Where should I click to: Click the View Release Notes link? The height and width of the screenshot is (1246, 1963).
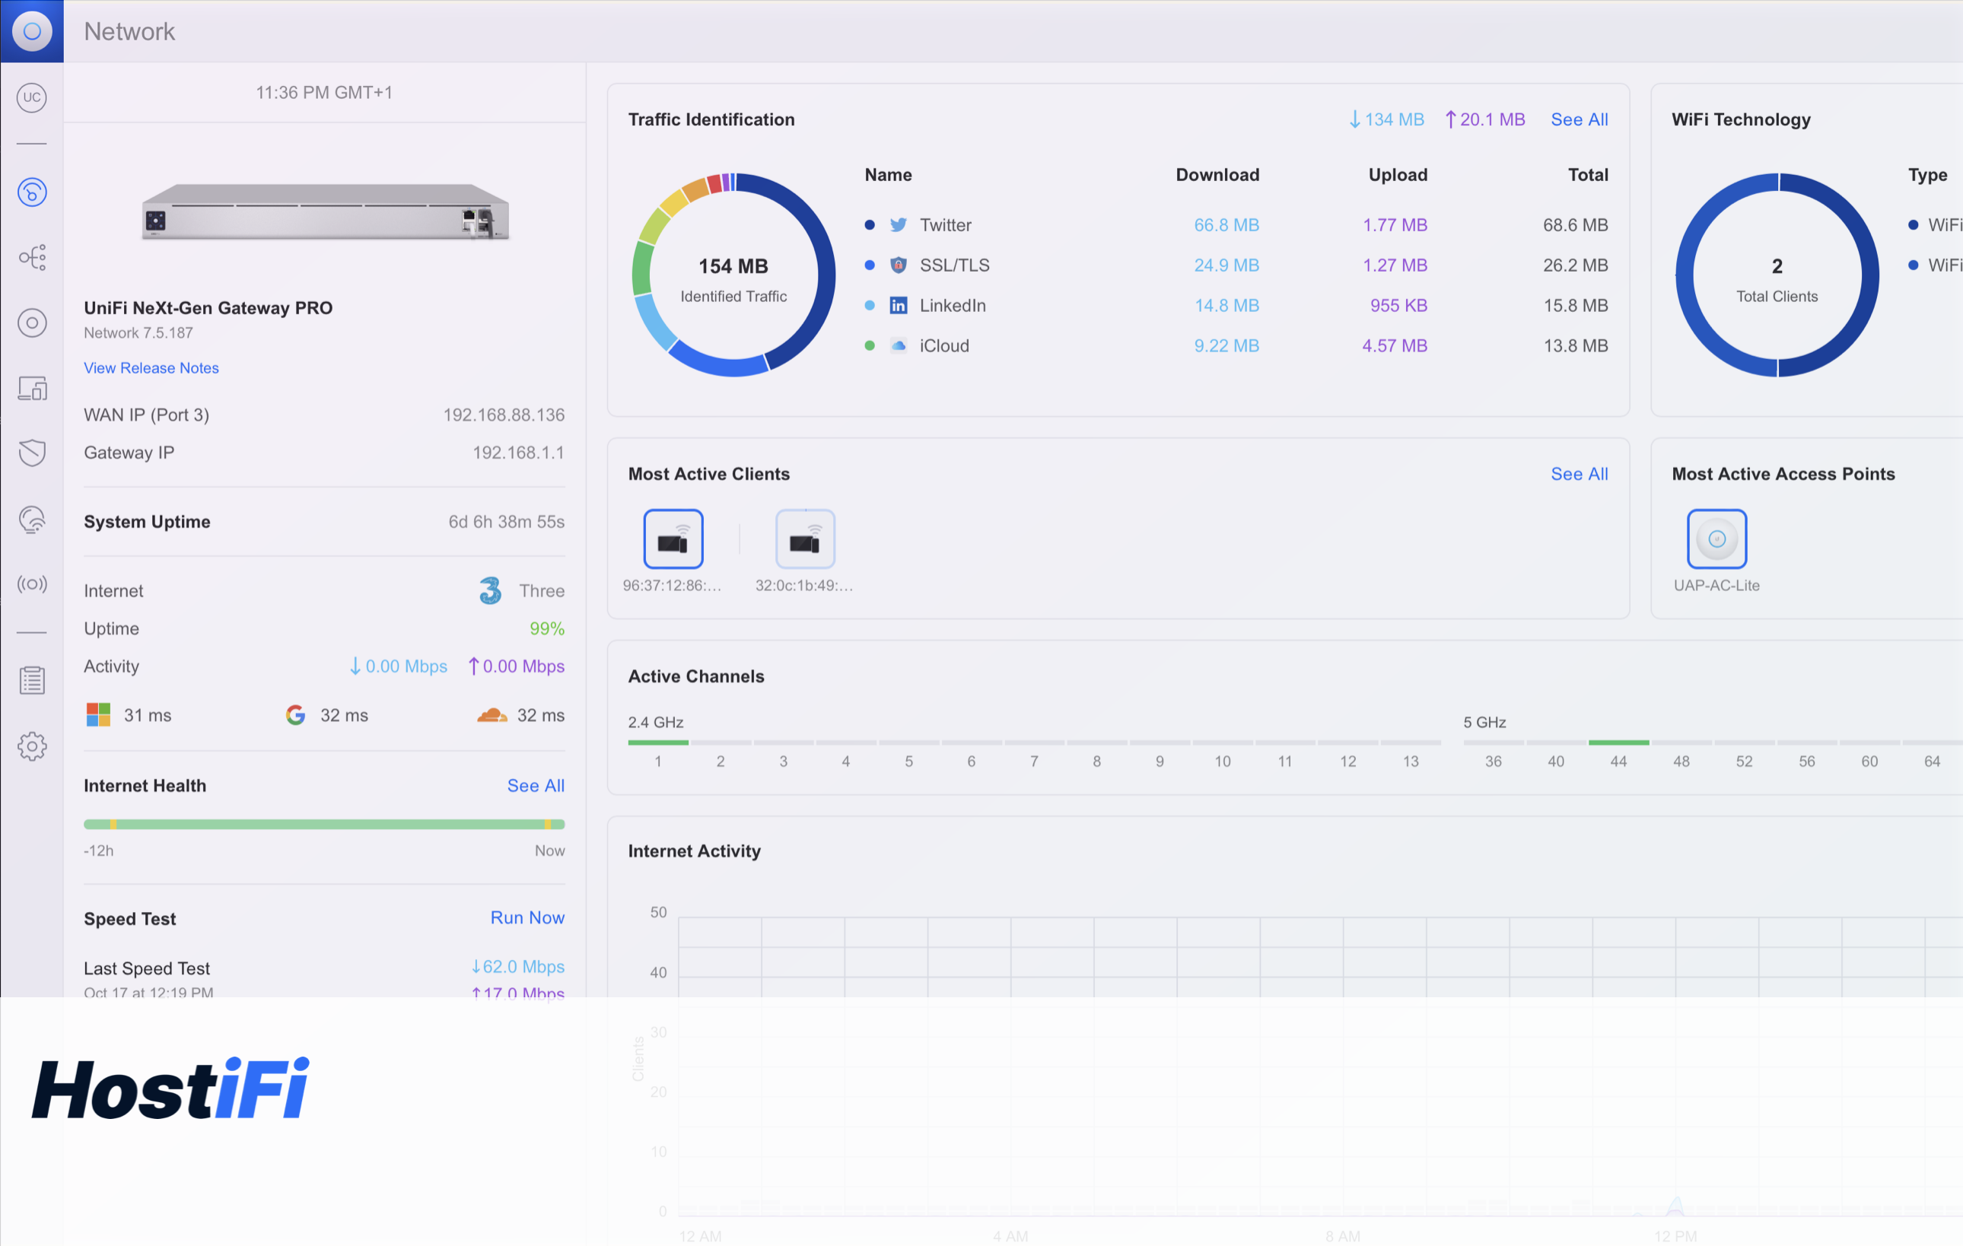[x=151, y=367]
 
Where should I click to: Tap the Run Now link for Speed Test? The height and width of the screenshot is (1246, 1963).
[x=527, y=917]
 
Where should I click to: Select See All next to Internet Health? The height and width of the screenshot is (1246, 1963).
[x=535, y=786]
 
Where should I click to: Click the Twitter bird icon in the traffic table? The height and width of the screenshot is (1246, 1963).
[x=898, y=225]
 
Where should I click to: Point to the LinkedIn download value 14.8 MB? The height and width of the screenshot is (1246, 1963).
[x=1226, y=306]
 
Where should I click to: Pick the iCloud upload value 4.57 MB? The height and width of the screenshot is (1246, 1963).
[x=1394, y=345]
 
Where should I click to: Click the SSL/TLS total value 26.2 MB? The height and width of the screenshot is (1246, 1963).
[x=1574, y=265]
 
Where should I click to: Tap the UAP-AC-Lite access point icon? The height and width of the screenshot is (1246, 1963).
[x=1716, y=539]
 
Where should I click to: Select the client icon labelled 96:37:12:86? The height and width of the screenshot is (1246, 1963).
[x=673, y=539]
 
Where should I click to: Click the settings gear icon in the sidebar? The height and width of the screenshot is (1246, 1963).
[x=32, y=745]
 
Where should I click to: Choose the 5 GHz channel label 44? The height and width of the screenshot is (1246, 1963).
[x=1618, y=761]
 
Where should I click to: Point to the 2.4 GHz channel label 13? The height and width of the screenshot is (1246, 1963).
[x=1411, y=761]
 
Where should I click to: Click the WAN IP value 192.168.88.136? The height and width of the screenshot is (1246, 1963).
[x=503, y=415]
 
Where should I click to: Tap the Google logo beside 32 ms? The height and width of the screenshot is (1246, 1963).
[x=295, y=715]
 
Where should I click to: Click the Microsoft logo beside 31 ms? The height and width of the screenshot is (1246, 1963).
[x=99, y=715]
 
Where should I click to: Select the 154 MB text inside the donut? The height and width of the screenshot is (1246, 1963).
[x=733, y=266]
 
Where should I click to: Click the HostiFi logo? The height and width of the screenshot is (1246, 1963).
[x=170, y=1088]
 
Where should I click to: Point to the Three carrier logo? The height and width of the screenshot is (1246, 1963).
[x=490, y=590]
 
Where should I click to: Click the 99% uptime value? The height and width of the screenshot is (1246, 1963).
[x=546, y=628]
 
